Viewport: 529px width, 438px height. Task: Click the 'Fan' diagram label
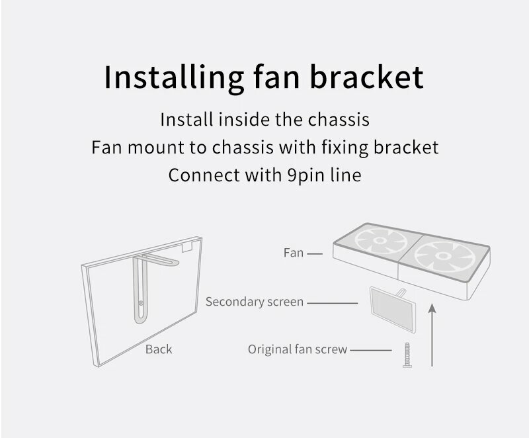tap(293, 253)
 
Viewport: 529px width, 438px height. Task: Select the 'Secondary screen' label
tap(254, 302)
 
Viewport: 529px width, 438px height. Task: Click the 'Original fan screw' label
tap(297, 349)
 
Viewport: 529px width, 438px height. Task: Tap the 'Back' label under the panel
tap(159, 349)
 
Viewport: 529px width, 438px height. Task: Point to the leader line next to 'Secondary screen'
tap(333, 302)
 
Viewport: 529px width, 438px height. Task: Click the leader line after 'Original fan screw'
tap(372, 349)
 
